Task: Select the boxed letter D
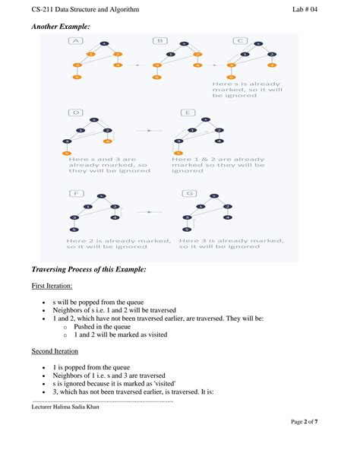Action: pos(76,113)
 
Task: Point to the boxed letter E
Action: pos(187,113)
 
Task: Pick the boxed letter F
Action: pos(76,193)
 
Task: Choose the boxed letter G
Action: pos(187,193)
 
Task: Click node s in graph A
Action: pos(104,44)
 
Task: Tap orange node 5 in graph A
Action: pos(76,77)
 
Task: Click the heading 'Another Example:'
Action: pos(61,27)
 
